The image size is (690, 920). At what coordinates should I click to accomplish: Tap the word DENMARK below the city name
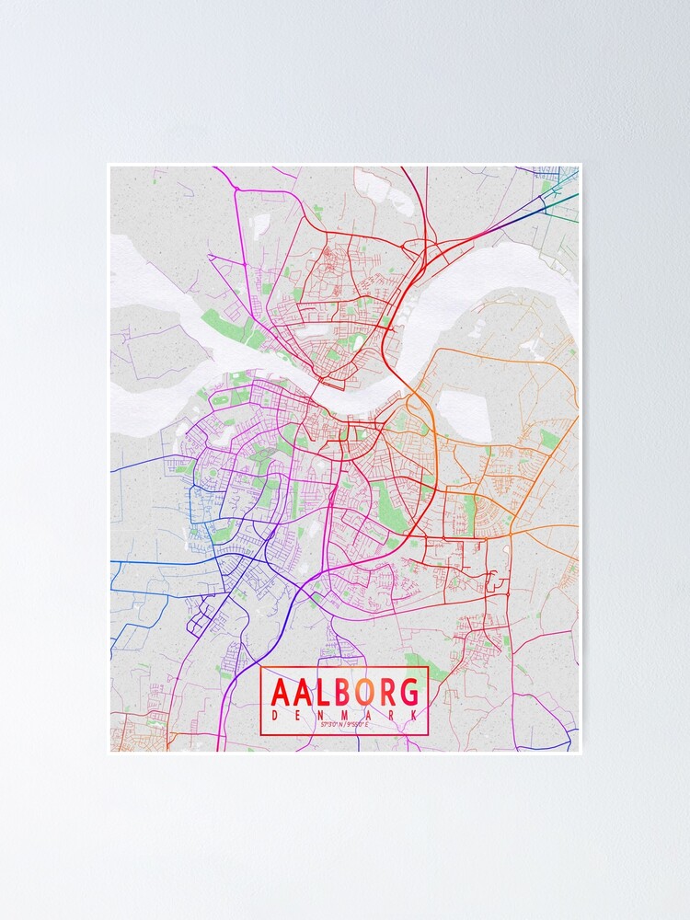pyautogui.click(x=345, y=715)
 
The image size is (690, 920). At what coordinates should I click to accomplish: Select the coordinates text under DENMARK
pyautogui.click(x=345, y=726)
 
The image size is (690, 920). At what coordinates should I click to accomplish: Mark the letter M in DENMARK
pyautogui.click(x=345, y=715)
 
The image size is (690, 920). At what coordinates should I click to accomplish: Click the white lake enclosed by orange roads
pyautogui.click(x=458, y=406)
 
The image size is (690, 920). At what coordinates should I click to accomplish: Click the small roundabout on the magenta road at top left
pyautogui.click(x=236, y=189)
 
